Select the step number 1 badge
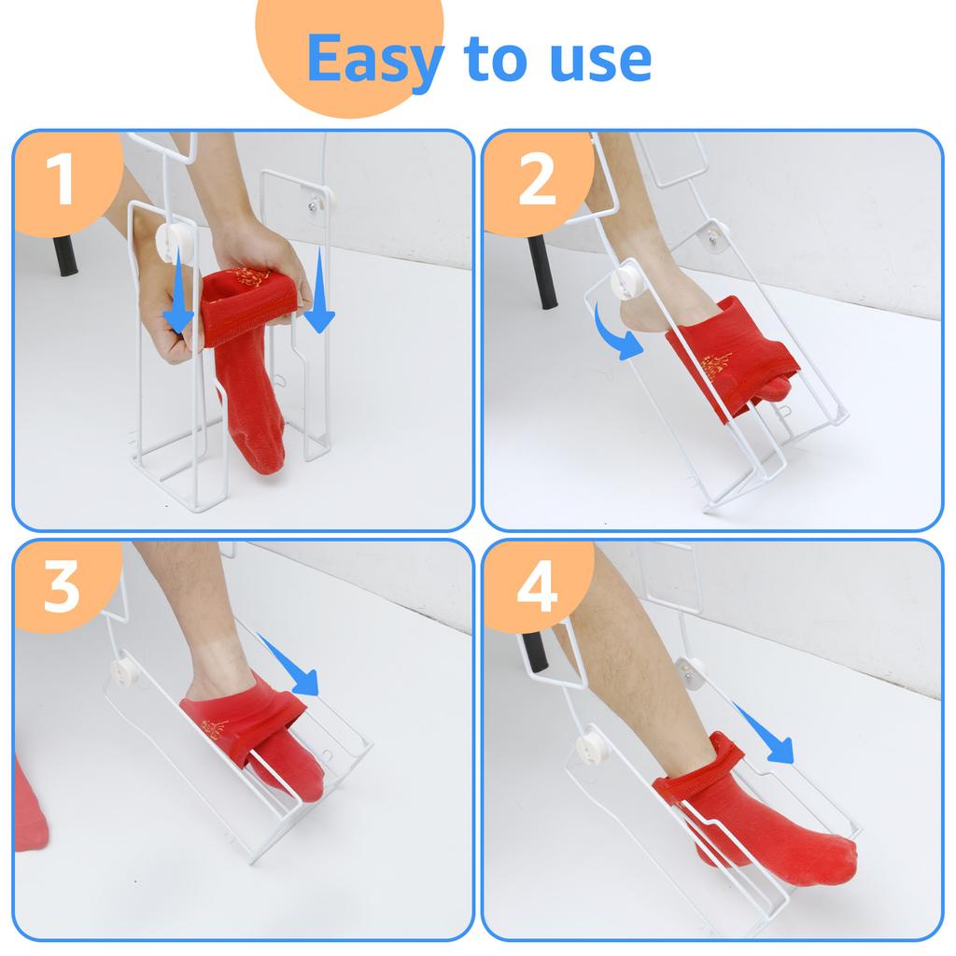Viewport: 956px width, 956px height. [x=61, y=180]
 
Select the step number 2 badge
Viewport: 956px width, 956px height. [x=537, y=181]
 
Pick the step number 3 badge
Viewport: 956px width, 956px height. [x=61, y=587]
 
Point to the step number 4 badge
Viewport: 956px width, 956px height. [x=537, y=588]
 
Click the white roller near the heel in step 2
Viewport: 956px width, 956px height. [x=623, y=282]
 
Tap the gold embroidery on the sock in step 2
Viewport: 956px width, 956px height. [x=719, y=364]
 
